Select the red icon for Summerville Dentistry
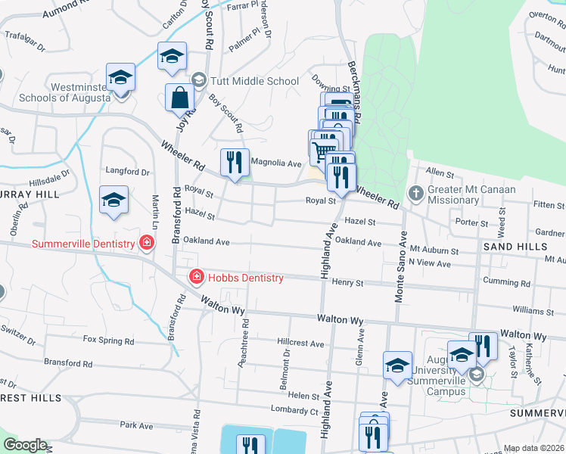pos(147,243)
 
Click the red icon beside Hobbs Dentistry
pos(196,278)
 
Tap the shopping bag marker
pos(179,97)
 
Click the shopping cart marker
pos(324,149)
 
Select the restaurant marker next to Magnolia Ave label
pos(235,161)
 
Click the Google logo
pos(25,445)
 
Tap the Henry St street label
pos(348,282)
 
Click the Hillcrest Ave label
pos(300,343)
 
